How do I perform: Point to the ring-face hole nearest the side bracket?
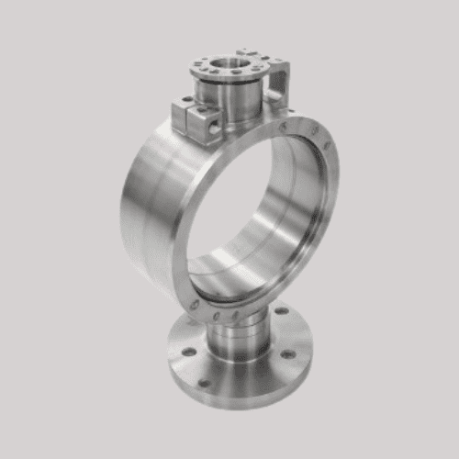pyautogui.click(x=286, y=126)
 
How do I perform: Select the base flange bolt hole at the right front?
pyautogui.click(x=287, y=354)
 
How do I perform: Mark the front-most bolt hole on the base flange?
pyautogui.click(x=204, y=382)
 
